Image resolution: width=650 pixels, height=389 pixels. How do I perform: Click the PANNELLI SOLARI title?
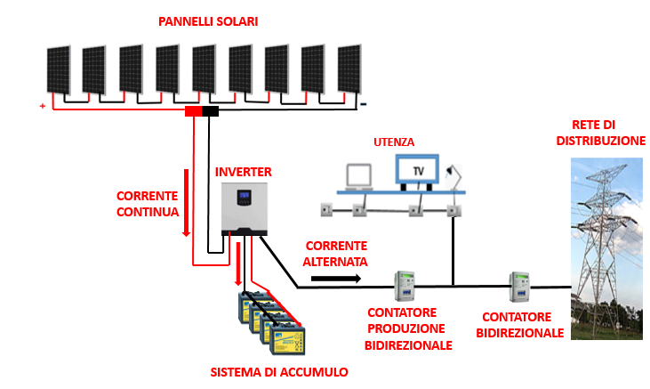[208, 21]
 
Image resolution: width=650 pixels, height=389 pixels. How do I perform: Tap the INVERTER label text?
[244, 171]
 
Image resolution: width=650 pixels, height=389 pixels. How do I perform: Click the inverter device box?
[245, 209]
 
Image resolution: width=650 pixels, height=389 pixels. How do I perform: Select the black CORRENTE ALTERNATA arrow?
[336, 279]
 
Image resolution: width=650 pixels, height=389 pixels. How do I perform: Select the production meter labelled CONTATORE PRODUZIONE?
[406, 287]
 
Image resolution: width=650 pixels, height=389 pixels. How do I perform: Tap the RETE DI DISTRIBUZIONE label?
[600, 133]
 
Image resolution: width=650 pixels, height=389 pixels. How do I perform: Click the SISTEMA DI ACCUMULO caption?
[278, 371]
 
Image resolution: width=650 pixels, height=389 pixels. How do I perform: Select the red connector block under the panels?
[193, 111]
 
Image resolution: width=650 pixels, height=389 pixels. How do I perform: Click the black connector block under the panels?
[211, 111]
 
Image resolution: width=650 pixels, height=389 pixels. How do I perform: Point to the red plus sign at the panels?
[42, 106]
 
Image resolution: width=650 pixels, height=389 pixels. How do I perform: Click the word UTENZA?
[395, 142]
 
